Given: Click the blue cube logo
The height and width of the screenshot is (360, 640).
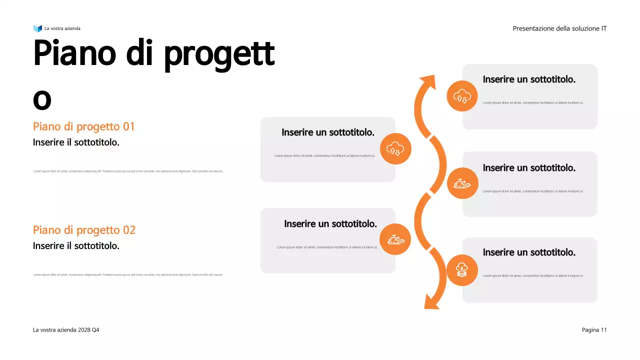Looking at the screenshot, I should [37, 28].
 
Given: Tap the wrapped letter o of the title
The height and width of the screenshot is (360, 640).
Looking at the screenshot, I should [42, 100].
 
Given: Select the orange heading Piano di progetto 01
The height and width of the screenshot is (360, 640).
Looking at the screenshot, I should [84, 126].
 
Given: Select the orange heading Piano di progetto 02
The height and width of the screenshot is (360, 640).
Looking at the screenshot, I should [84, 230].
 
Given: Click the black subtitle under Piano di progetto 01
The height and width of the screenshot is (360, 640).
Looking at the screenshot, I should [76, 142].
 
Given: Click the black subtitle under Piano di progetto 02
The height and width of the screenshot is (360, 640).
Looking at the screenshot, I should [76, 246].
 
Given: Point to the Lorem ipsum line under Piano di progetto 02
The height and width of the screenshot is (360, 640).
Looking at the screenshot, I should [128, 274].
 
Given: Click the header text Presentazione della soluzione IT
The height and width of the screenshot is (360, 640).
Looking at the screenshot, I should [559, 28].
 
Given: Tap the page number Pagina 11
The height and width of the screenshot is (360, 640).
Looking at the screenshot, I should [594, 330].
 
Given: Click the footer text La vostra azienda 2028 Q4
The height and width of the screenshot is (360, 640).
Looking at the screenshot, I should [66, 330].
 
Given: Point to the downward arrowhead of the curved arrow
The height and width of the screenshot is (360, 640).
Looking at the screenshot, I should [431, 302].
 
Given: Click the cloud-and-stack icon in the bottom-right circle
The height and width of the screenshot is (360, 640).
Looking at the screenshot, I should [462, 270].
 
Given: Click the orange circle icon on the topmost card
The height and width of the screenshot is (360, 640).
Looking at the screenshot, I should [462, 96].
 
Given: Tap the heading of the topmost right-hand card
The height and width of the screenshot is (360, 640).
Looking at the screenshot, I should [529, 79].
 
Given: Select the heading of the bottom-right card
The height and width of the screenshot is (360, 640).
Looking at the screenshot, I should [529, 252].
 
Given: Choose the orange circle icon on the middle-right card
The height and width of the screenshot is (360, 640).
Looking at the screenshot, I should [462, 183].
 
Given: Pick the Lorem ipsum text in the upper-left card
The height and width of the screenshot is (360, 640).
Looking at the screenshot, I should [325, 155].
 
